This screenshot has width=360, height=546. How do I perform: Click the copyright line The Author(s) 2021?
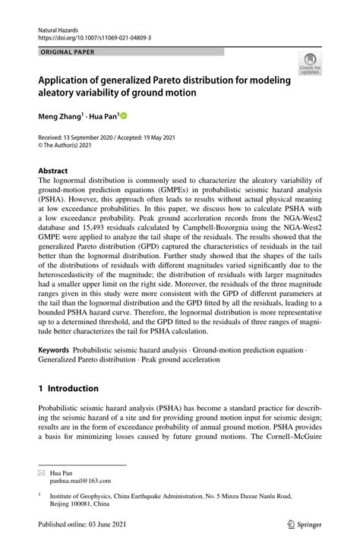pos(72,146)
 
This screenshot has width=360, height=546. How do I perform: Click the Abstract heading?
pos(54,171)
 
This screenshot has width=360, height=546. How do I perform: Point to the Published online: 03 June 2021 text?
pos(84,523)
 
